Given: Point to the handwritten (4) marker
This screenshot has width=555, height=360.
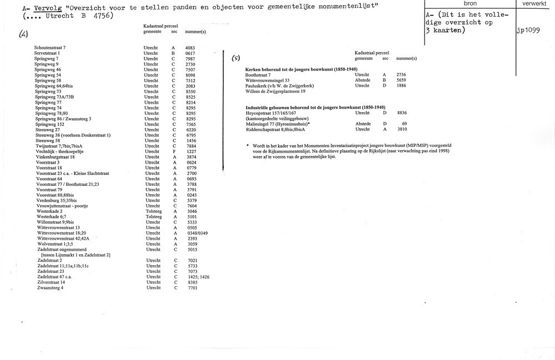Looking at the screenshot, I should [24, 33].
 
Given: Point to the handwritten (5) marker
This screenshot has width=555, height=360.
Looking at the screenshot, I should [235, 57].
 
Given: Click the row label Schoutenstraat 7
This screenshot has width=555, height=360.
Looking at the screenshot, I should [50, 48].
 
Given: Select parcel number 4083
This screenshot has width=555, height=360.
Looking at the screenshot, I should [190, 48].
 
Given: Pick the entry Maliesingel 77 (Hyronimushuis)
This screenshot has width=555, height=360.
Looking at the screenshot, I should [278, 123].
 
